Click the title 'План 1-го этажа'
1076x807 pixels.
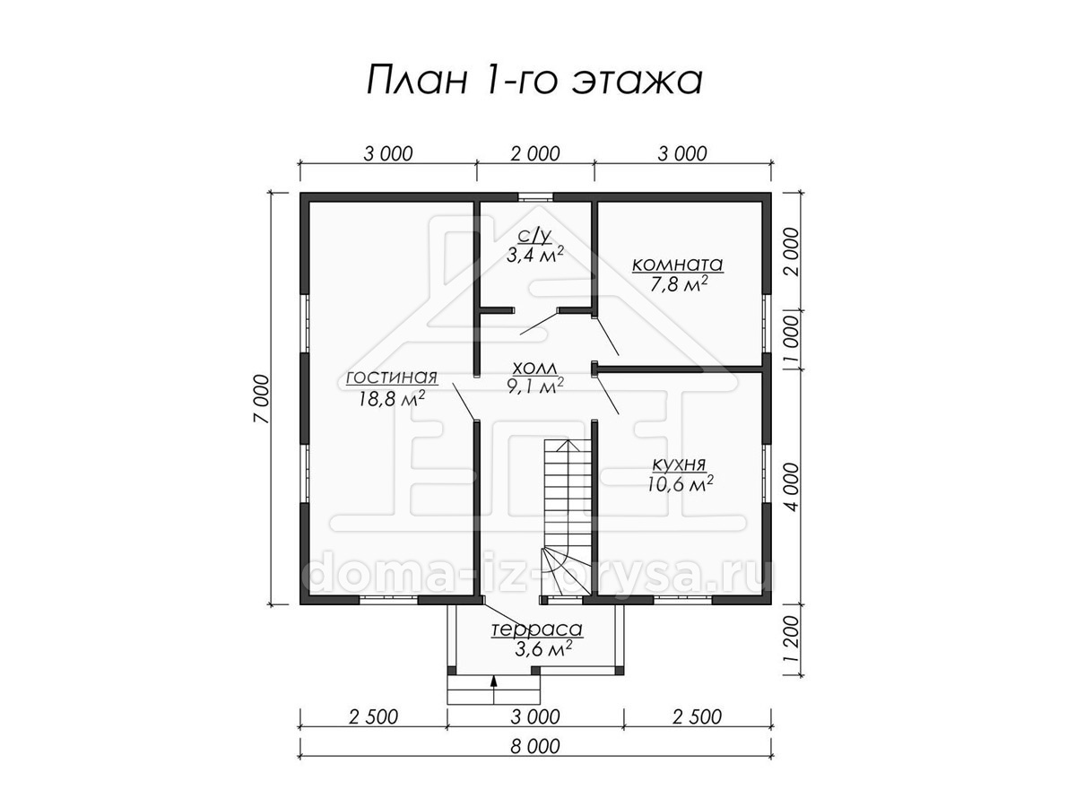pos(534,81)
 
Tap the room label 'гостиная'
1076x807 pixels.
pos(392,377)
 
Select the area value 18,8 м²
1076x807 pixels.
pos(392,399)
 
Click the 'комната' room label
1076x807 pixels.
pos(678,265)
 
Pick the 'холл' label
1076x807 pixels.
pos(534,368)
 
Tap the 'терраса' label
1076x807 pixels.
pos(537,629)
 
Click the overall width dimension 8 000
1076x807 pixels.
pos(534,747)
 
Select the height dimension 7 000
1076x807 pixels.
pos(262,398)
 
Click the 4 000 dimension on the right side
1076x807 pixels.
pos(791,487)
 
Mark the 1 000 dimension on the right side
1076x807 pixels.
pos(791,339)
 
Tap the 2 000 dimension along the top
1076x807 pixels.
pos(534,154)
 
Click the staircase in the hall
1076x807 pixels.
pos(568,518)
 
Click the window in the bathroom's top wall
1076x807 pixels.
pos(535,197)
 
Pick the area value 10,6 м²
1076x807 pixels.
pos(680,484)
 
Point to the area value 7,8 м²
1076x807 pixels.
pos(679,284)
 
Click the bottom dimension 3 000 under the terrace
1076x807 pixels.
pos(534,716)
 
